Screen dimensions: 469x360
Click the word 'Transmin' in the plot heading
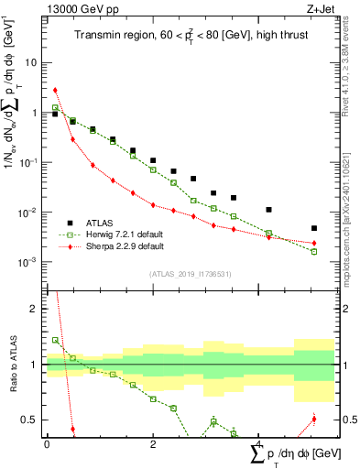(98, 36)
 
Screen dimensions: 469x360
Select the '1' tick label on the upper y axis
(35, 113)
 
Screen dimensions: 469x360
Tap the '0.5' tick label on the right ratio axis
(350, 420)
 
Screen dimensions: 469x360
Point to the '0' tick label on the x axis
(47, 442)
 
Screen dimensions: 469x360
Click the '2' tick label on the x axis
(153, 442)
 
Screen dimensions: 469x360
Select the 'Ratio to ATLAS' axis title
(12, 365)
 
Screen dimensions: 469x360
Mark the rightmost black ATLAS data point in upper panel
(313, 228)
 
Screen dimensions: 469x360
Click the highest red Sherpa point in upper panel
(56, 91)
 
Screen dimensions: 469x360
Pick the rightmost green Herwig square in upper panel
(313, 251)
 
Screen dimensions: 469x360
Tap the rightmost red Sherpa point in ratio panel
(313, 420)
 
